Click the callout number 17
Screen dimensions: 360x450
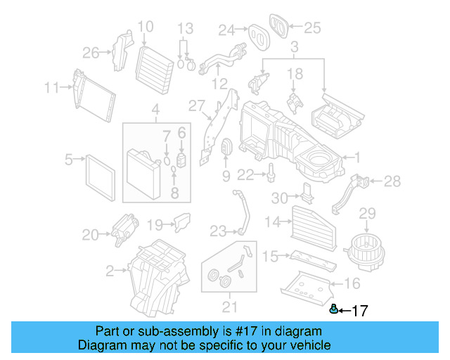click(359, 310)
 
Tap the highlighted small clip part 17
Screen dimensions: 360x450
click(335, 308)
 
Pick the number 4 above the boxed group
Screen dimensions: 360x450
click(155, 110)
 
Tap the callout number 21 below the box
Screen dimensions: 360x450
click(229, 307)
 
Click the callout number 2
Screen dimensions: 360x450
click(110, 270)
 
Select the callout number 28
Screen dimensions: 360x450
click(393, 181)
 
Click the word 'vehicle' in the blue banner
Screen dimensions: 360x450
click(309, 345)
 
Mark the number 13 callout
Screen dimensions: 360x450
click(184, 28)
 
